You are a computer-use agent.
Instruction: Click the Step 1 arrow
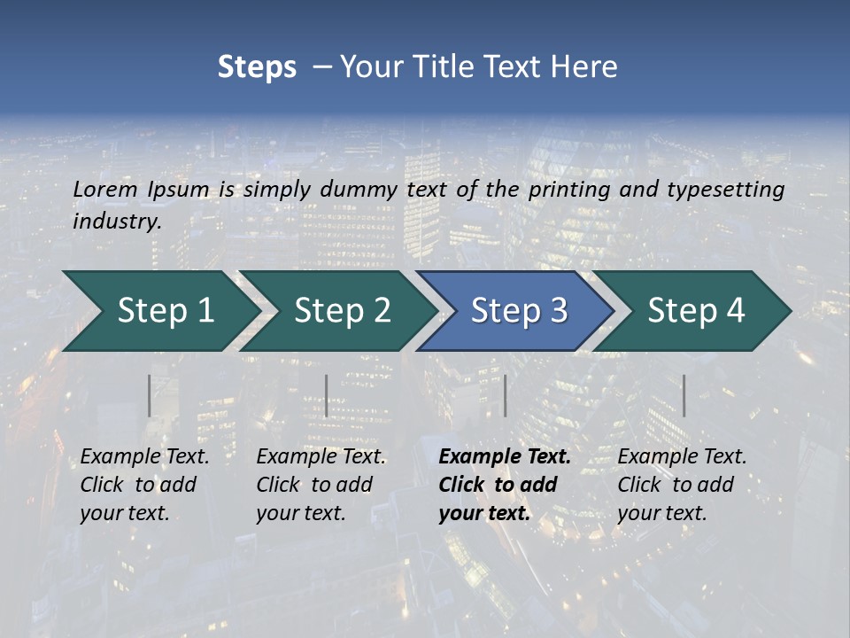[159, 311]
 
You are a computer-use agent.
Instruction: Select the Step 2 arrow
[341, 311]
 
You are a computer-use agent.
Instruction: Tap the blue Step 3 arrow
[518, 311]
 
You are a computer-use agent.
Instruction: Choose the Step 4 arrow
[696, 311]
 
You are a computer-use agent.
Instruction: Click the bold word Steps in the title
[257, 67]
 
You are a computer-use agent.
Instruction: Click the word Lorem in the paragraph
[104, 189]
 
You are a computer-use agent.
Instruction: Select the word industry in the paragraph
[116, 221]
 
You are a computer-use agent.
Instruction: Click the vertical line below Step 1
[149, 395]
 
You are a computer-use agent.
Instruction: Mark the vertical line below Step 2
[326, 395]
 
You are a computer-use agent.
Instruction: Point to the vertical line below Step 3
[505, 395]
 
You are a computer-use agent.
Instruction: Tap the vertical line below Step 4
[684, 395]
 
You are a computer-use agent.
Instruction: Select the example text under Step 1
[144, 485]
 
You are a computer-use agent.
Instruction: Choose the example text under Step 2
[321, 485]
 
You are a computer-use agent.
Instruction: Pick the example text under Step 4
[682, 485]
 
